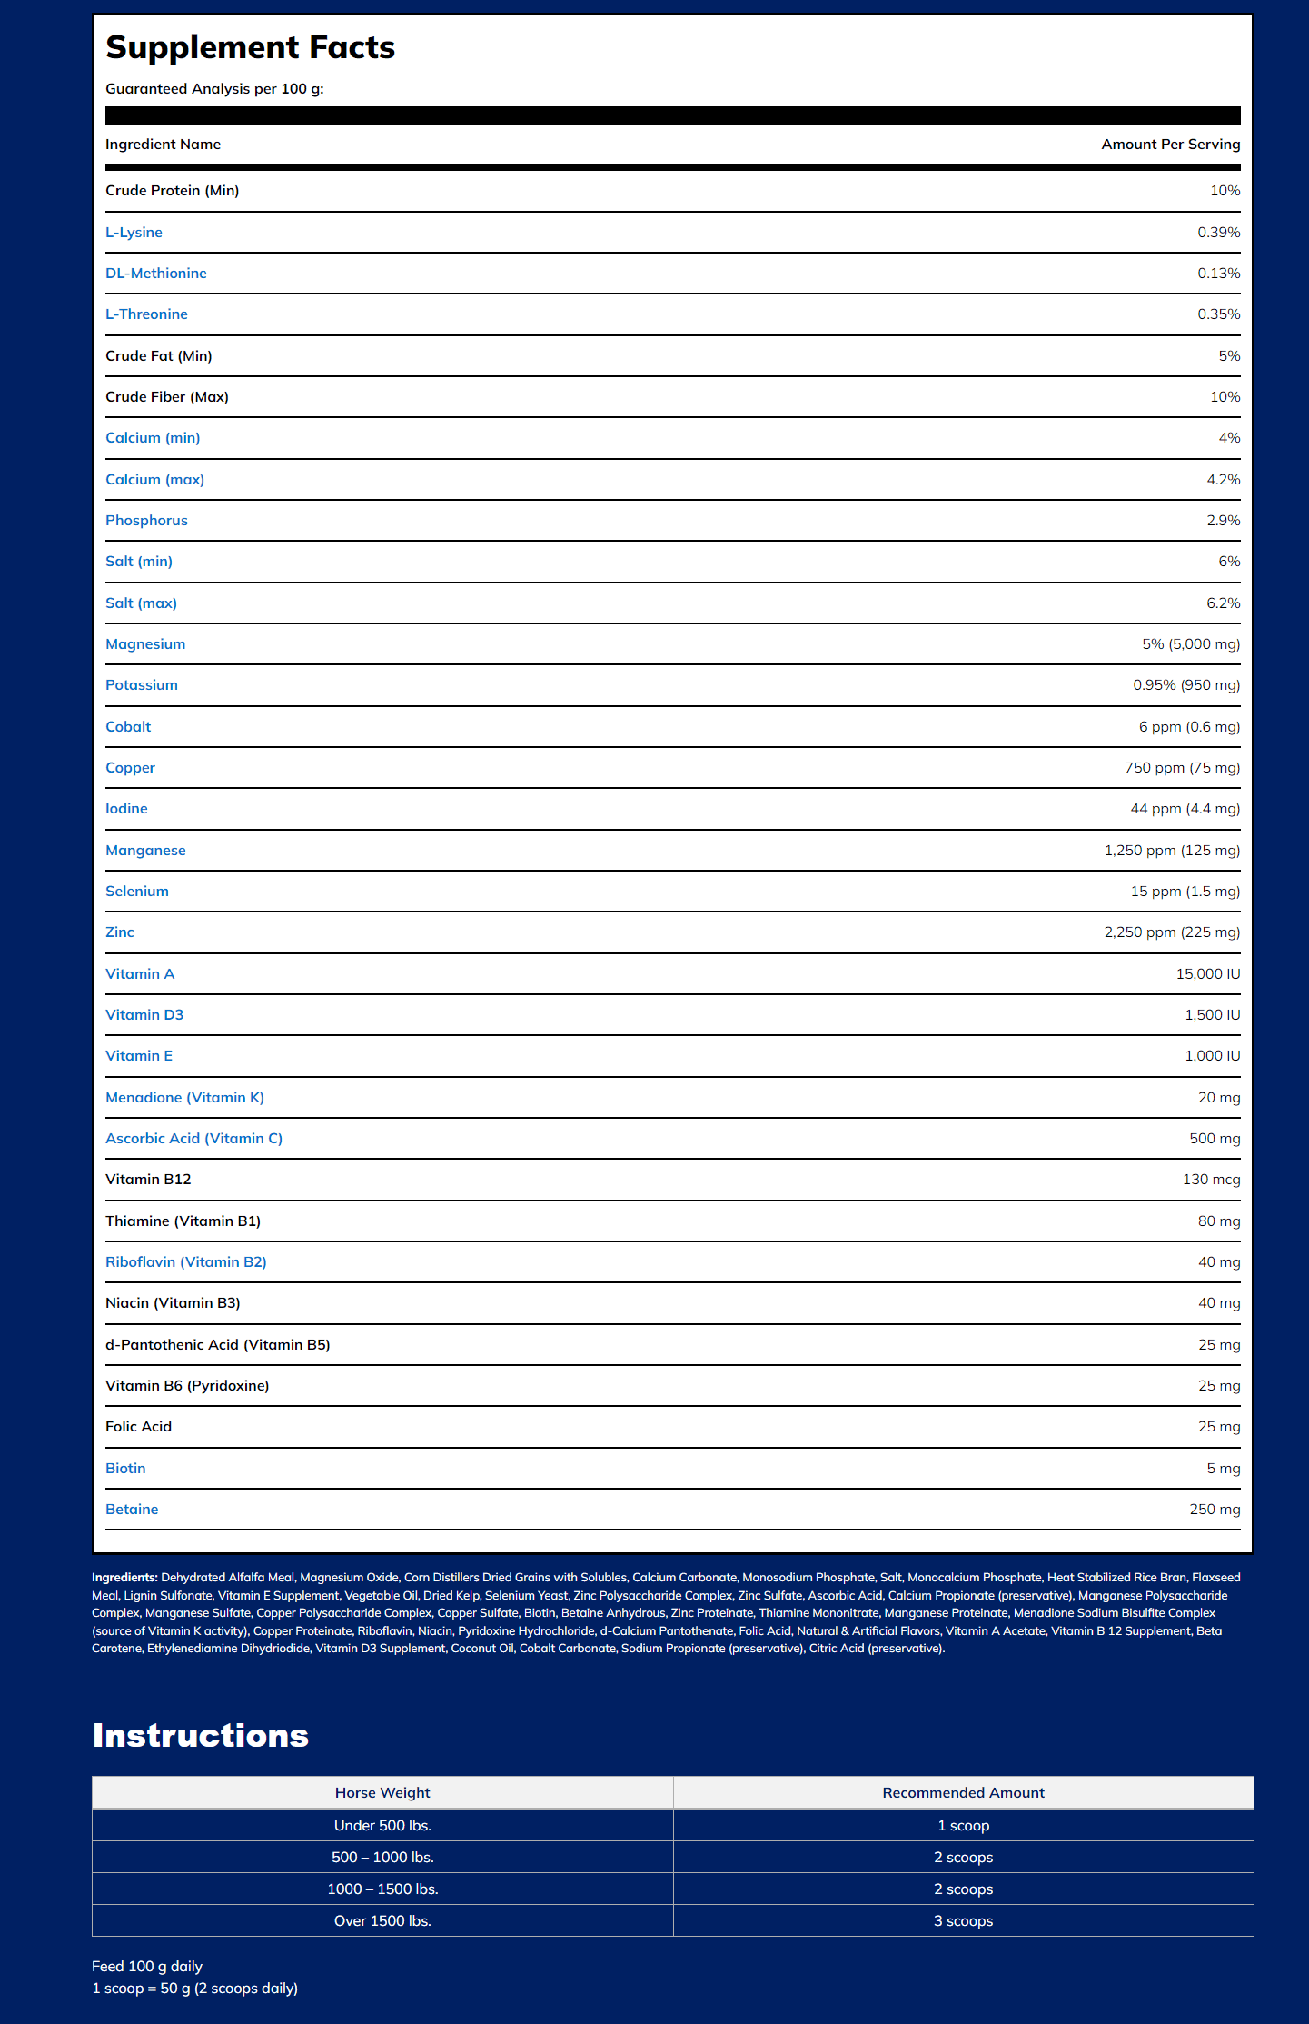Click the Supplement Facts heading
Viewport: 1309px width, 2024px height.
(x=250, y=48)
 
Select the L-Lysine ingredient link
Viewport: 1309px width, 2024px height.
(x=134, y=233)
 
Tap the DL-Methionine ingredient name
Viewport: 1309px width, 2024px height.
(x=155, y=274)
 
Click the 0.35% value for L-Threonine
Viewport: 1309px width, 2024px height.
(x=1218, y=314)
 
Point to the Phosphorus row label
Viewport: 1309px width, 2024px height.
(x=146, y=521)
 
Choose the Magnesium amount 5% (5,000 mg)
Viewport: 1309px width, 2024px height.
(x=1190, y=644)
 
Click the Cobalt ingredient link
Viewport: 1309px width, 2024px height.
(x=128, y=727)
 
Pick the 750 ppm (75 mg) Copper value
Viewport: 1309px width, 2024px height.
(x=1182, y=768)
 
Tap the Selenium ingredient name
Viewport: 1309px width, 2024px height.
(x=136, y=892)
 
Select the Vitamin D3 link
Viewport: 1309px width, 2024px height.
(x=144, y=1015)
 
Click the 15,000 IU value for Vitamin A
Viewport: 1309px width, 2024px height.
(x=1207, y=974)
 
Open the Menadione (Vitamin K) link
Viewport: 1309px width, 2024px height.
(x=184, y=1098)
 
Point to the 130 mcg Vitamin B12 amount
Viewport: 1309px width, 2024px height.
(x=1211, y=1180)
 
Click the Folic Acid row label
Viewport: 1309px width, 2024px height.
(x=138, y=1427)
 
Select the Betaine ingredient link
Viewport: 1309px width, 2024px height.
(x=132, y=1510)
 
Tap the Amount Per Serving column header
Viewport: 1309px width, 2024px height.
(x=1170, y=145)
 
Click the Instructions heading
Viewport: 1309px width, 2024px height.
(x=200, y=1735)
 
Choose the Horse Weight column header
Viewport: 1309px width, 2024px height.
(x=382, y=1793)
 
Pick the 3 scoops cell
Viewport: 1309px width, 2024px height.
(x=963, y=1921)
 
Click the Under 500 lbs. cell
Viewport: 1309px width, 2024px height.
(x=382, y=1826)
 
